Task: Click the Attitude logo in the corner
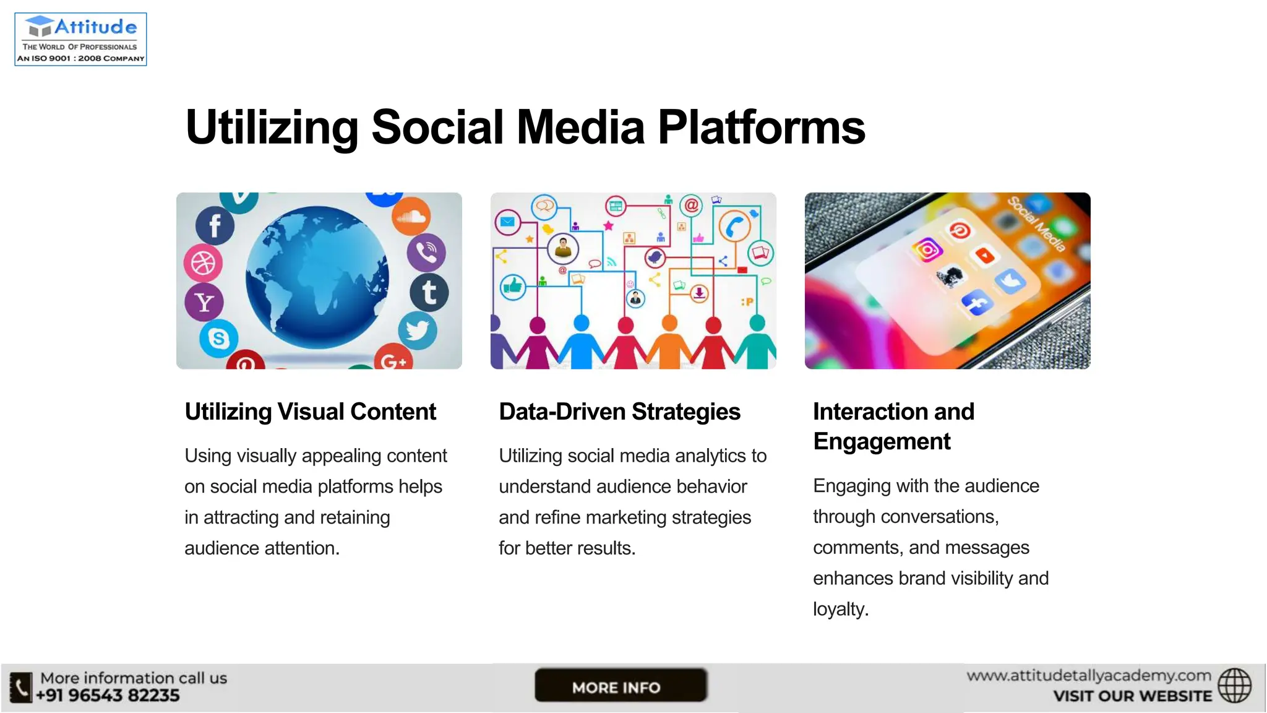(x=80, y=39)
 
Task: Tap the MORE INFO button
(x=620, y=686)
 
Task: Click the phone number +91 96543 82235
(x=108, y=696)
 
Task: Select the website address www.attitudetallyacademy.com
(x=1089, y=675)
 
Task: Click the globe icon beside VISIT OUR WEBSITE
(x=1234, y=686)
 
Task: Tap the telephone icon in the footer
(x=21, y=687)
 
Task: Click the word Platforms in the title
(x=761, y=127)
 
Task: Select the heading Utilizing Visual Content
(x=311, y=412)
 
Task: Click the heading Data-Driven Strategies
(x=619, y=412)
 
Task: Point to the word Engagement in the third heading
(x=882, y=441)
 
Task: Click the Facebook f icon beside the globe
(x=215, y=226)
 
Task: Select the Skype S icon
(x=218, y=338)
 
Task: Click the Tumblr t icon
(x=429, y=292)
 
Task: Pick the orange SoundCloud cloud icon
(x=411, y=217)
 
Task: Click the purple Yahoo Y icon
(x=204, y=302)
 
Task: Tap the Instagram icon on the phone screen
(x=927, y=249)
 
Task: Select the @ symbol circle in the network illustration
(x=691, y=204)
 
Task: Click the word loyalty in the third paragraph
(x=840, y=609)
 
